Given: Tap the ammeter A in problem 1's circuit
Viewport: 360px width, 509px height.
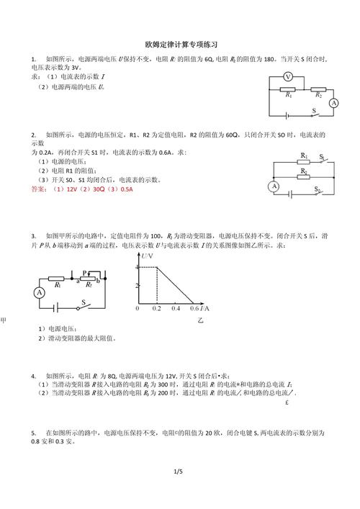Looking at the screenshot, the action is (x=333, y=104).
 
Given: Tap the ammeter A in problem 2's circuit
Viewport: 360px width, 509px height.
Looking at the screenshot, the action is (x=274, y=186).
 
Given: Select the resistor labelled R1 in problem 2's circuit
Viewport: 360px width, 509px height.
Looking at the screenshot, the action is (x=303, y=161).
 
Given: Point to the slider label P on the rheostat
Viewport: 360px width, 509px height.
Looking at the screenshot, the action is (x=84, y=273).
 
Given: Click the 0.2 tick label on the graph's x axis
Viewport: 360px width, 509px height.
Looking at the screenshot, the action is (x=157, y=308).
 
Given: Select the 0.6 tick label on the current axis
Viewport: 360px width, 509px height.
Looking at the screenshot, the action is (x=193, y=308).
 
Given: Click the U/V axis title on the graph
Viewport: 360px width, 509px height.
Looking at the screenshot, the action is (x=147, y=257).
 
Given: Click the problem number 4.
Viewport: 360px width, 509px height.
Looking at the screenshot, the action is (x=34, y=376).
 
